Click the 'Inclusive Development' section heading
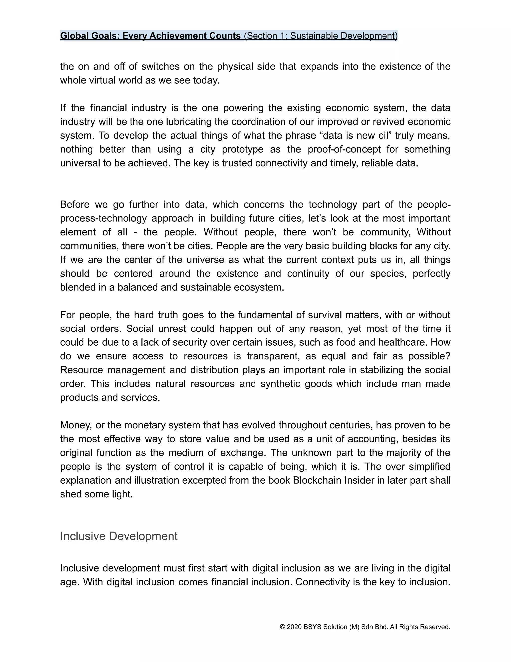[x=119, y=536]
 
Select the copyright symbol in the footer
[x=282, y=627]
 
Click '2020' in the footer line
[x=294, y=627]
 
